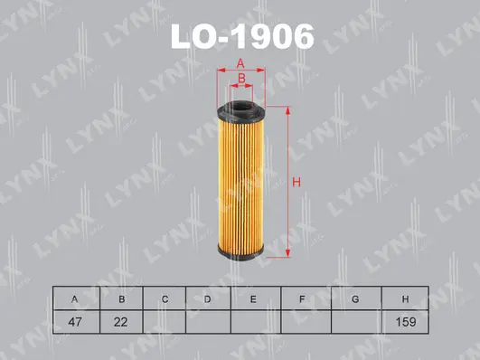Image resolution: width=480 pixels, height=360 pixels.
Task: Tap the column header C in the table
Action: (164, 298)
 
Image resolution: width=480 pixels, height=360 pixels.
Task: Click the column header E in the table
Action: (254, 298)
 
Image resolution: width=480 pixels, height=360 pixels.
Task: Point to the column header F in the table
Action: (305, 298)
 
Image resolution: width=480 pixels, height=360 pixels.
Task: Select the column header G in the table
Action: (355, 298)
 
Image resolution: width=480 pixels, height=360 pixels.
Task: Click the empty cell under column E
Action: (254, 321)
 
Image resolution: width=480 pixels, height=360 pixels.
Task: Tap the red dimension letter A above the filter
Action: (240, 62)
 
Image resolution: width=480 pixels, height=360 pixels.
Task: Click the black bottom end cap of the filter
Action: (240, 256)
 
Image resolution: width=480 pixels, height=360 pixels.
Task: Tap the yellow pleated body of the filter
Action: (240, 181)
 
